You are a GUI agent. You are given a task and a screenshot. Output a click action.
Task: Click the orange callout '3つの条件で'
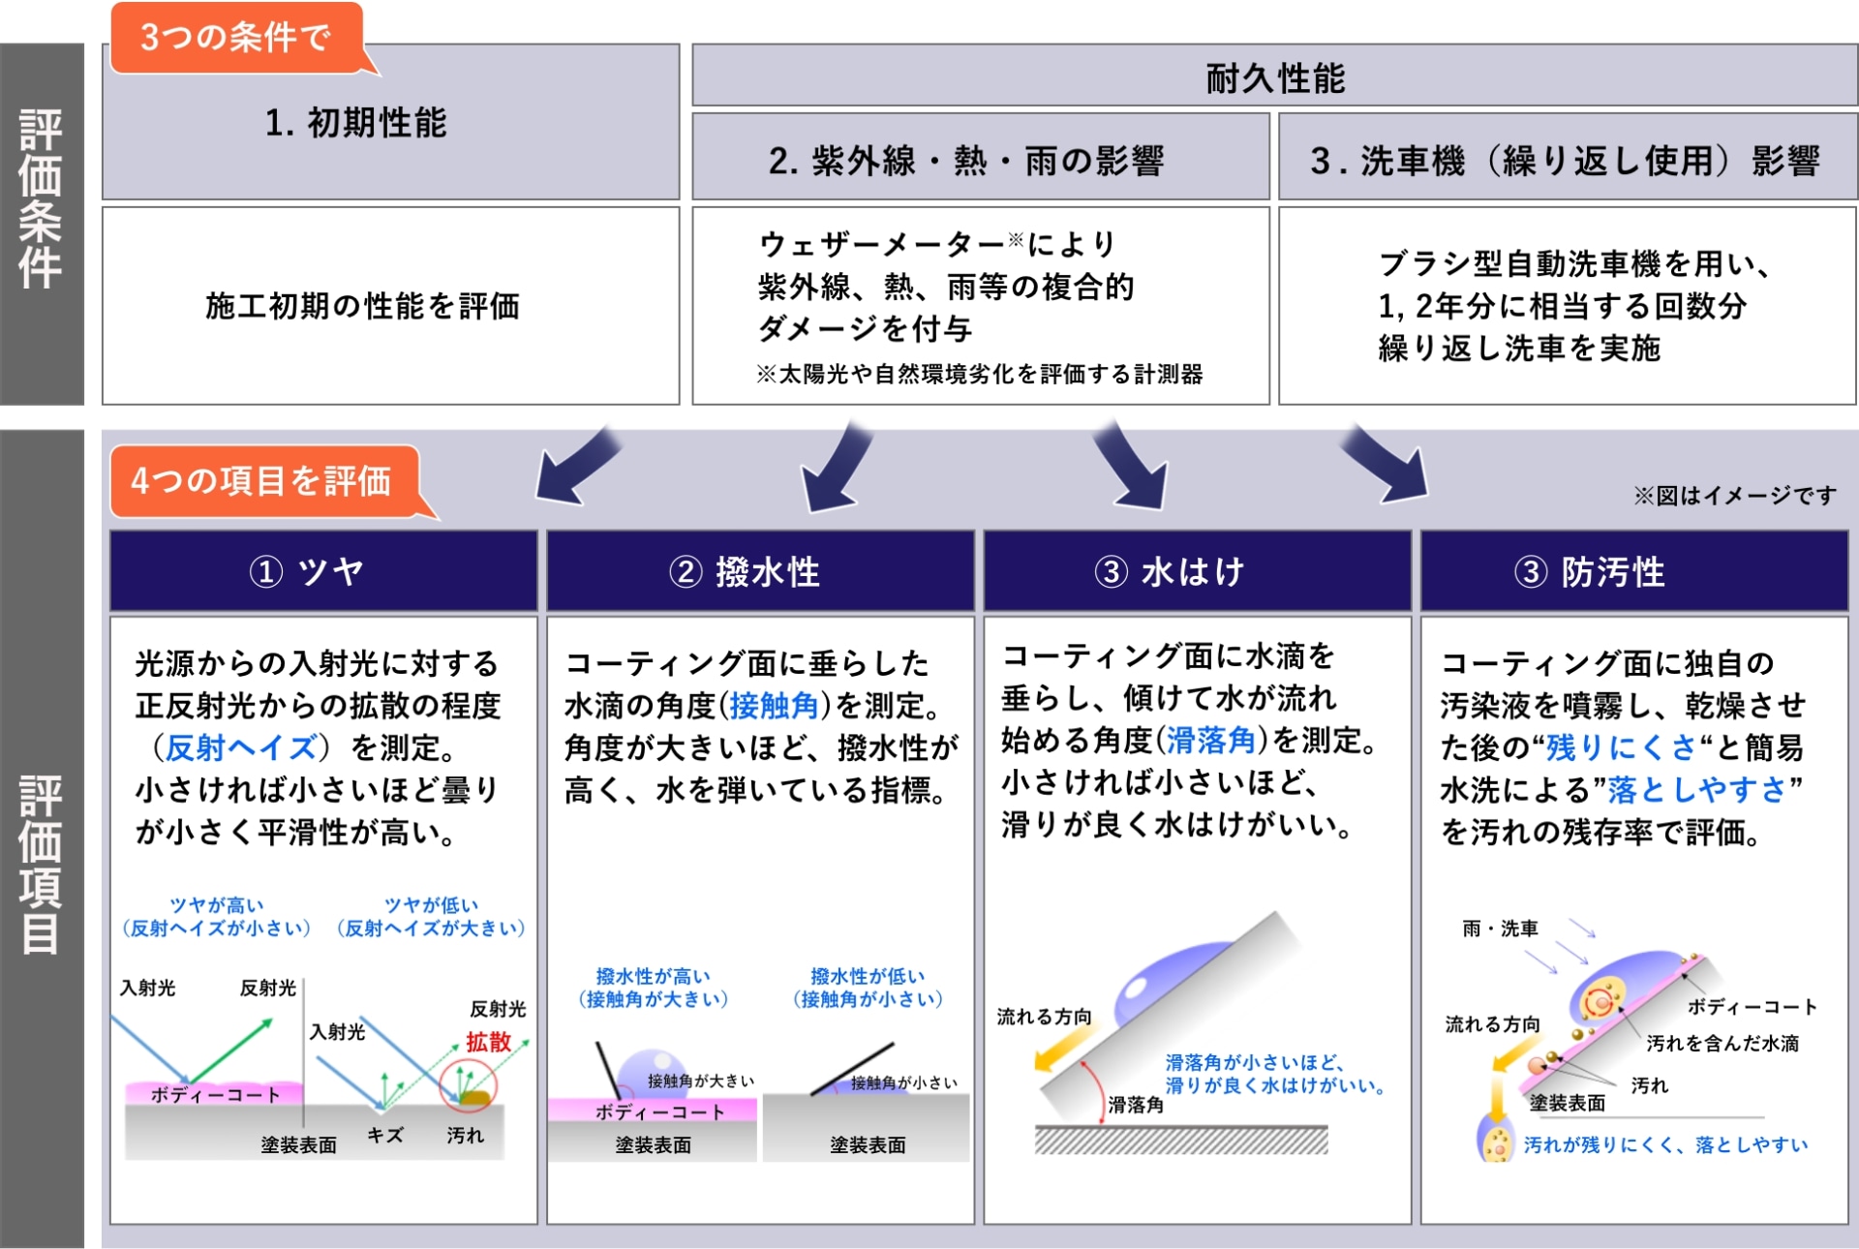point(236,38)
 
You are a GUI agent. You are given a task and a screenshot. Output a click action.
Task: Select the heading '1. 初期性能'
point(355,123)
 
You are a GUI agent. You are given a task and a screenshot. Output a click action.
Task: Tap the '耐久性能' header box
point(1274,77)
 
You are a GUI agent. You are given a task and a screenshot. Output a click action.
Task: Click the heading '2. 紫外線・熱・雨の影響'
point(965,161)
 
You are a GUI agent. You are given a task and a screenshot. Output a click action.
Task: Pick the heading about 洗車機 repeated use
point(1565,161)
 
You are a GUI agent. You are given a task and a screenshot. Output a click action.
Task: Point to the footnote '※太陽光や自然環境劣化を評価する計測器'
point(979,375)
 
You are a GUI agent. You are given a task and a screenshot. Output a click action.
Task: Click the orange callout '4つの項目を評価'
point(261,480)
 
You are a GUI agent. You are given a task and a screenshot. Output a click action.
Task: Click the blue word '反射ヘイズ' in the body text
point(240,747)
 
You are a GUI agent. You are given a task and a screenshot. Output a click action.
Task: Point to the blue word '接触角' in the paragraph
point(775,705)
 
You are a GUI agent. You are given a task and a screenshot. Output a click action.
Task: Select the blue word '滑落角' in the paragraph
point(1210,741)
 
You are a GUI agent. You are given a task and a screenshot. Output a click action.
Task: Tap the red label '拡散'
point(488,1042)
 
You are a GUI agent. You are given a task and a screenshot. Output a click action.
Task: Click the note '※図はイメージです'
point(1734,496)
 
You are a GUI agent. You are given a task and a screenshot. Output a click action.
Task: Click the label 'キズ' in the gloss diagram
point(385,1136)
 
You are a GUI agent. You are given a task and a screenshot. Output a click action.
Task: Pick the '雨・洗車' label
point(1500,929)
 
